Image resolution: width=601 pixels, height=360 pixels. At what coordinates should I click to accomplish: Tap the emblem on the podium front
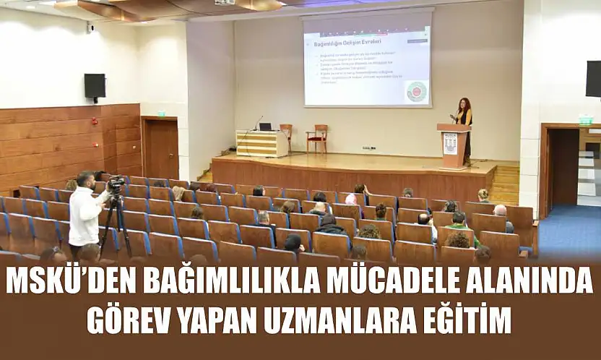450,143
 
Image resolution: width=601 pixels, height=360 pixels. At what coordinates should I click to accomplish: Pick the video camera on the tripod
116,185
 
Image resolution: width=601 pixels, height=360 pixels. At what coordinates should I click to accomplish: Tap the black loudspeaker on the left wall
95,86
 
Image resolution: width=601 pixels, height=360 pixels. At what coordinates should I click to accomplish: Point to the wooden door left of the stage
160,148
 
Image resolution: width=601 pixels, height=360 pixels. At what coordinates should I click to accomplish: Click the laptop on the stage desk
265,127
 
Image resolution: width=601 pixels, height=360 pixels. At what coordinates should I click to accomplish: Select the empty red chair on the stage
317,137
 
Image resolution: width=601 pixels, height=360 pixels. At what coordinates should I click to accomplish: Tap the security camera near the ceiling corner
90,27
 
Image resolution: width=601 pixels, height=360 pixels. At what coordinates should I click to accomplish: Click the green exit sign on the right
584,120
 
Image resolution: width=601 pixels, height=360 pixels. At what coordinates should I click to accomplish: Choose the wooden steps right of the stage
506,184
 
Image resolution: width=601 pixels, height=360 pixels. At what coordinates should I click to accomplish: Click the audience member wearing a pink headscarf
351,200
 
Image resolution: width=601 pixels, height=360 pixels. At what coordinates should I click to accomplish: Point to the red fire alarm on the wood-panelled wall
94,121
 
